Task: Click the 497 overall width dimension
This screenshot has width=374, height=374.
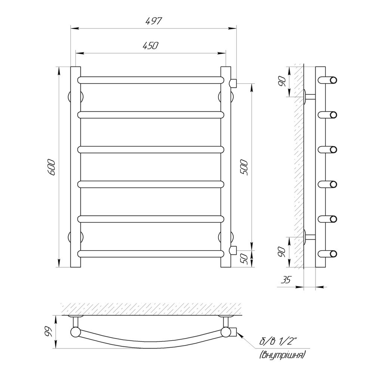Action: tap(154, 21)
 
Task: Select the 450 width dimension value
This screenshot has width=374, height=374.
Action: tap(150, 46)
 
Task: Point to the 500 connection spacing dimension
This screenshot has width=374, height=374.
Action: tap(245, 168)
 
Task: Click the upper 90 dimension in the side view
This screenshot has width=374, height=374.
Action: tap(283, 82)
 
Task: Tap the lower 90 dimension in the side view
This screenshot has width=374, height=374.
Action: tap(283, 252)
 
